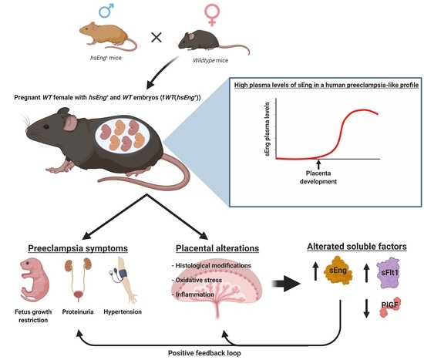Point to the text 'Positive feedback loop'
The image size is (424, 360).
coord(212,352)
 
